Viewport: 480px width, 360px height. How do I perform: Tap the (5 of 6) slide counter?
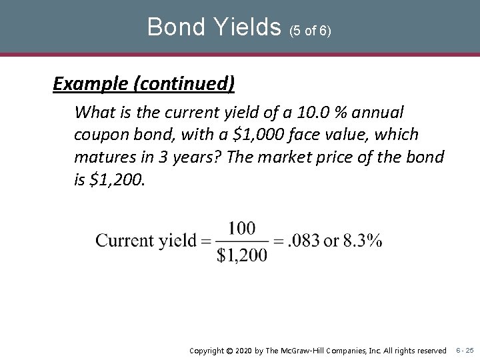click(310, 31)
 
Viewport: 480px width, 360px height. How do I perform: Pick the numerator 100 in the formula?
click(241, 229)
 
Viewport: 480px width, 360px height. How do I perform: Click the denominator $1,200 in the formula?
click(241, 254)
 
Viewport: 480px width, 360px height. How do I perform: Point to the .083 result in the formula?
click(303, 241)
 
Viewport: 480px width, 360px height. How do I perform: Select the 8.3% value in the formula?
click(363, 241)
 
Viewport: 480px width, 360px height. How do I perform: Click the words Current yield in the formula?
click(146, 241)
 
